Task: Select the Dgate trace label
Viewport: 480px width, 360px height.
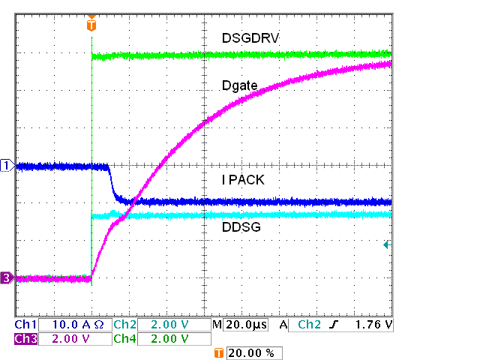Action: point(240,86)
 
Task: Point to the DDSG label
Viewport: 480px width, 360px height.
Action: point(241,226)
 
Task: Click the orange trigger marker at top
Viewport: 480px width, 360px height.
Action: point(91,25)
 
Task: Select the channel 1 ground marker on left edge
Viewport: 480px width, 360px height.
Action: point(7,165)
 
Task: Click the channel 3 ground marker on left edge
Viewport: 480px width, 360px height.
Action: point(7,278)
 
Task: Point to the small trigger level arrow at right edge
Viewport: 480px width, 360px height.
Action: point(387,244)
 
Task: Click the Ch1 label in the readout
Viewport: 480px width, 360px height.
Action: point(25,325)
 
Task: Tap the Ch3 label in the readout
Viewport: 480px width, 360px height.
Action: point(25,338)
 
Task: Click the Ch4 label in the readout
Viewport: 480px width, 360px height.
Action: point(124,338)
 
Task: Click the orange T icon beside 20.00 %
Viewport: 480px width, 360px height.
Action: point(219,352)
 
